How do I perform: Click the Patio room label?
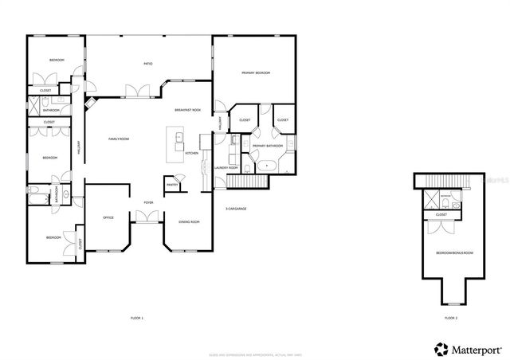tap(147, 63)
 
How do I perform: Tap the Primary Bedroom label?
tap(256, 72)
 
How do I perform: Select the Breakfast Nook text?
tap(187, 110)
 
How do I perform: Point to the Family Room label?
tap(119, 139)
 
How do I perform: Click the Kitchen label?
tap(191, 153)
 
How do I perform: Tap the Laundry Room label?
tap(227, 168)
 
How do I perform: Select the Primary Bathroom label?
tap(269, 147)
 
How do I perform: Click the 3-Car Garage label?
tap(236, 209)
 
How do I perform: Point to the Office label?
tap(108, 217)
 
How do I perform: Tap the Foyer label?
tap(148, 203)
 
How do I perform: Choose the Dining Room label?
tap(189, 221)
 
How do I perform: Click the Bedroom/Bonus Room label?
tap(453, 252)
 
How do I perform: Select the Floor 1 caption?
tap(137, 318)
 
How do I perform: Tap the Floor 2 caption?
tap(451, 318)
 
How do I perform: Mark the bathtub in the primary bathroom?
tap(267, 166)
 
